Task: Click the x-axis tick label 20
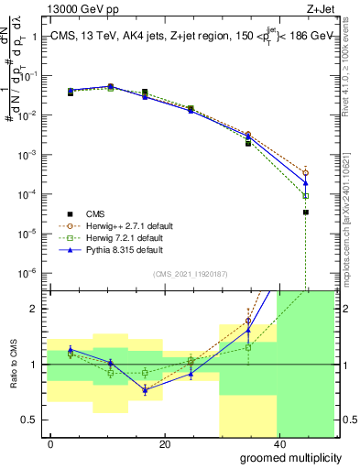[164, 444]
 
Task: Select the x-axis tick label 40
[278, 444]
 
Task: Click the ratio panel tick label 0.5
[28, 420]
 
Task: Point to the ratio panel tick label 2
[33, 310]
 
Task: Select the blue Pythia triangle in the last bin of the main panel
[305, 183]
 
